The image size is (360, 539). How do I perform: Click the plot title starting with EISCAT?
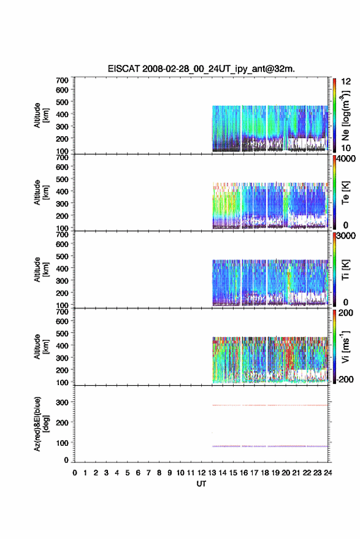pyautogui.click(x=201, y=69)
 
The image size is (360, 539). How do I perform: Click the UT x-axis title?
pyautogui.click(x=201, y=484)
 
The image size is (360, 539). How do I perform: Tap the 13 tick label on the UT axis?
pyautogui.click(x=212, y=473)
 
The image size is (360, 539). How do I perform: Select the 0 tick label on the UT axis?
pyautogui.click(x=75, y=473)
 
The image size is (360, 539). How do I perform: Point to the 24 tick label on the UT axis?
pyautogui.click(x=327, y=473)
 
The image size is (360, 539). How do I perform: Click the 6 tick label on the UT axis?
pyautogui.click(x=138, y=473)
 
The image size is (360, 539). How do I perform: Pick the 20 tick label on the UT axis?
pyautogui.click(x=286, y=473)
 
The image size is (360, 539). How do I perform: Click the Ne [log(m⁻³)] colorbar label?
pyautogui.click(x=345, y=115)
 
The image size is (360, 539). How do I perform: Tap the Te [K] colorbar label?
pyautogui.click(x=345, y=193)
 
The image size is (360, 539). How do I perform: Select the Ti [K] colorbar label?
pyautogui.click(x=345, y=270)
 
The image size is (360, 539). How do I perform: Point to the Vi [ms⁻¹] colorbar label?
pyautogui.click(x=345, y=346)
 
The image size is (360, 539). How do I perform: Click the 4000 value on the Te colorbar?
pyautogui.click(x=346, y=159)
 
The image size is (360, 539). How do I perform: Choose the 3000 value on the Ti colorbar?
pyautogui.click(x=346, y=236)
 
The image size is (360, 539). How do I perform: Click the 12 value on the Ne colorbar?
pyautogui.click(x=346, y=82)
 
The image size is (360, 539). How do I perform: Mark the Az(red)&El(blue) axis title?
pyautogui.click(x=41, y=424)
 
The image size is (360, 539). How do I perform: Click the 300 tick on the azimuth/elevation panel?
pyautogui.click(x=62, y=402)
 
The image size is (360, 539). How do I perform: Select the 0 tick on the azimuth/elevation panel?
pyautogui.click(x=66, y=460)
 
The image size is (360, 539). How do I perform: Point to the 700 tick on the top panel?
pyautogui.click(x=62, y=80)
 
